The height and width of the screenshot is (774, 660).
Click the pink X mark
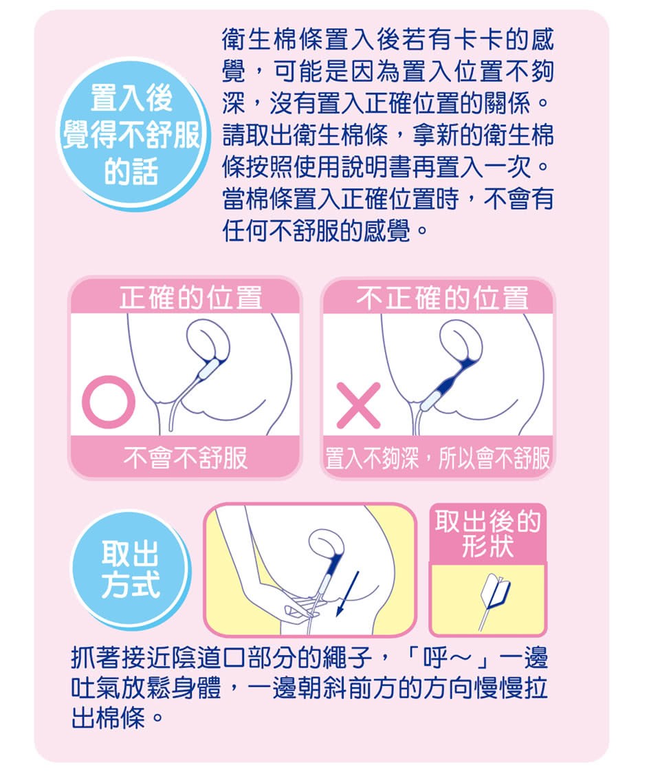pos(359,405)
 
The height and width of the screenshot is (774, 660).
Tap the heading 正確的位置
pos(190,297)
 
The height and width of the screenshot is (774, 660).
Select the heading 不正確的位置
pos(442,298)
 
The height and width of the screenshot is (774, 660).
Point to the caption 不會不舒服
pos(186,457)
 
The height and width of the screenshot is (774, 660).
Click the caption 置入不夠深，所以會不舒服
pos(437,458)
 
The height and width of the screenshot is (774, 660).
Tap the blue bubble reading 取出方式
pos(131,569)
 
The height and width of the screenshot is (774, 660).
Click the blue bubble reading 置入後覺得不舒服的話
pos(131,135)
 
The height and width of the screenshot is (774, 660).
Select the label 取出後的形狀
pos(488,533)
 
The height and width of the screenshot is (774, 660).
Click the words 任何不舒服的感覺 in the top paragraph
pos(316,230)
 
